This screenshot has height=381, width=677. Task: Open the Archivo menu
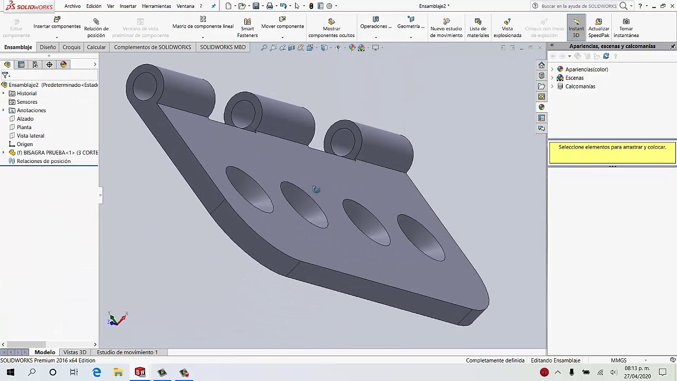(72, 6)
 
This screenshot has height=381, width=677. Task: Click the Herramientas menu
(156, 6)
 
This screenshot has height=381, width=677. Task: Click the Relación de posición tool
(96, 28)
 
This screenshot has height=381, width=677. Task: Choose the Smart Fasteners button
(247, 28)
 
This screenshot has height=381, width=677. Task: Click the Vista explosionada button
(507, 28)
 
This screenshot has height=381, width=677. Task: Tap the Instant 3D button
(576, 28)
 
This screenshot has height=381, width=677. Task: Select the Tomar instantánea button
(626, 28)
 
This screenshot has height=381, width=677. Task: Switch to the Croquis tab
(71, 47)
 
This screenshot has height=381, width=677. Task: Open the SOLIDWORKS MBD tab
(223, 47)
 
